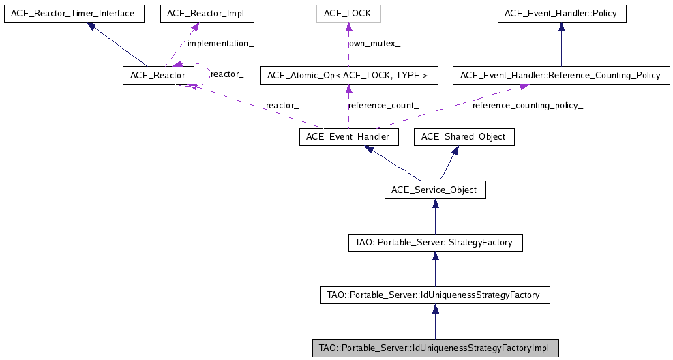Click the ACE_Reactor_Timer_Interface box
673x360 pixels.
74,13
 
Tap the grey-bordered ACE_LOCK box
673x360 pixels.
348,13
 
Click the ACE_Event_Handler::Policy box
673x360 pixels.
561,13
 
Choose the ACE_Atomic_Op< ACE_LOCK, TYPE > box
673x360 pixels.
348,75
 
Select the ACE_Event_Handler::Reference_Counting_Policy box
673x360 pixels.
561,75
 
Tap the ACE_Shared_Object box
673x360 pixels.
464,137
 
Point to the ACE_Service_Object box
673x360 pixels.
435,190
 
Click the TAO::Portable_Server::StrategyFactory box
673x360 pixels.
435,242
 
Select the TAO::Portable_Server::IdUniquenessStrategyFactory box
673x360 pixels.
435,295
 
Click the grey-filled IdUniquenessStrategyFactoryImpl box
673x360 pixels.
435,348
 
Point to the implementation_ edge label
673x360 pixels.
221,43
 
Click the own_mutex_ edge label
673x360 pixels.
375,43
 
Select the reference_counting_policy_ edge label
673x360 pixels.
528,106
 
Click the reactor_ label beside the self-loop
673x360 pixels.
227,73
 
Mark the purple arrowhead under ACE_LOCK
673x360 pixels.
348,27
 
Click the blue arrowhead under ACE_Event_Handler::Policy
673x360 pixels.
561,27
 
